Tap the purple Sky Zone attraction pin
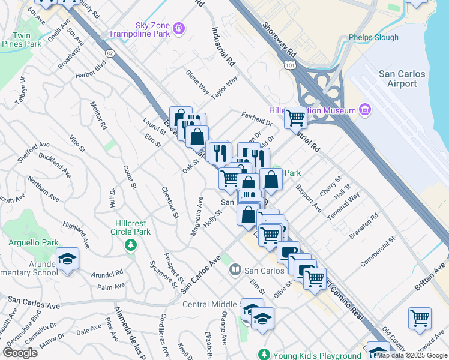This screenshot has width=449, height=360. (x=178, y=28)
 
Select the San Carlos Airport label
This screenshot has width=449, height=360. (x=402, y=79)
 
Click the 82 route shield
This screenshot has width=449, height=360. (x=109, y=53)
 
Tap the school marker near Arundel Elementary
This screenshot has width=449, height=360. (x=68, y=259)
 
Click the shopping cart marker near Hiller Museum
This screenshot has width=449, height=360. (x=295, y=118)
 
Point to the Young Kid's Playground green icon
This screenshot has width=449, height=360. (x=262, y=354)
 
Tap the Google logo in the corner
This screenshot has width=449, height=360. (x=20, y=353)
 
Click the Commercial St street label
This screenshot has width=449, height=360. (x=378, y=251)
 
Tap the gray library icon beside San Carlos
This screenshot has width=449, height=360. (x=235, y=271)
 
